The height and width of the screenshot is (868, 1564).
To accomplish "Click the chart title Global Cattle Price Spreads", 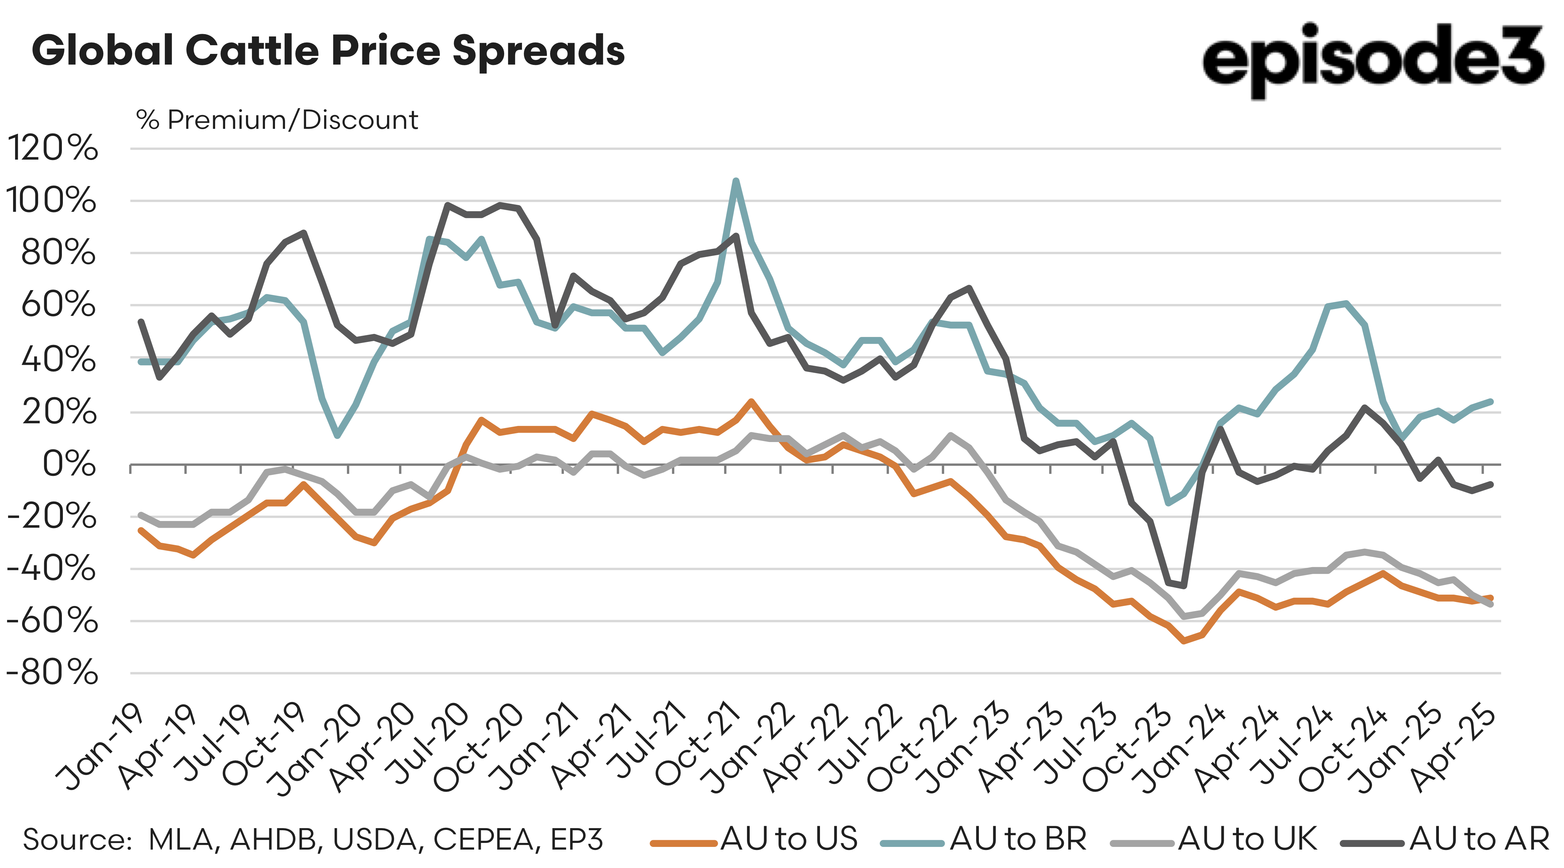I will click(328, 51).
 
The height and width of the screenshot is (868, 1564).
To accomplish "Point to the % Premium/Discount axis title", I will click(277, 120).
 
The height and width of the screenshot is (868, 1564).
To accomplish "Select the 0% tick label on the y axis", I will click(69, 465).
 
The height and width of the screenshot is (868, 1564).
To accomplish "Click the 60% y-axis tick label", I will click(58, 305).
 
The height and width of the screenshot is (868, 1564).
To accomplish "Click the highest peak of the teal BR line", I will click(736, 181).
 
